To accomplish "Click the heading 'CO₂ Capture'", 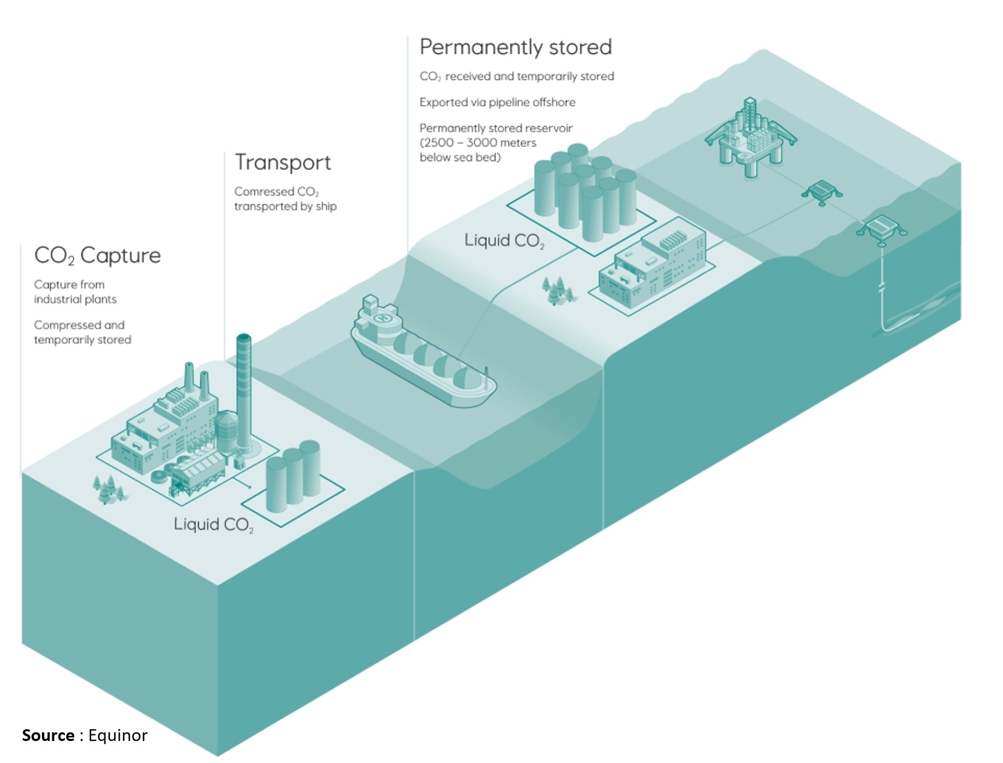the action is coord(97,255).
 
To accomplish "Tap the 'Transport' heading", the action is coord(283,162).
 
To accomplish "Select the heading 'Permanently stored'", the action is coord(516,47).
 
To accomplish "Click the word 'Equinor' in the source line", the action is coord(118,735).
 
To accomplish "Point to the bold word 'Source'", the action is coord(48,735).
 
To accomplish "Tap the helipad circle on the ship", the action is coord(381,318).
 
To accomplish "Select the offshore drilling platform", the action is coord(750,138).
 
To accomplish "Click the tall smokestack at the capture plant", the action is coord(244,392).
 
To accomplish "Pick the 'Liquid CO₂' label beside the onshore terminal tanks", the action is coord(505,241).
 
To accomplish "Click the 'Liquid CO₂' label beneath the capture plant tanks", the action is coord(214,525).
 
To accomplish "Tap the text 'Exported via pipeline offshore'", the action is coord(497,102).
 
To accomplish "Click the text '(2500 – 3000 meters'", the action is coord(478,143).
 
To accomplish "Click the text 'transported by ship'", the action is coord(286,206).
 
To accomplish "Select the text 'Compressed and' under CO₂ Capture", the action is coord(79,325).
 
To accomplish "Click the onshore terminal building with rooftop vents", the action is coord(651,268).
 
